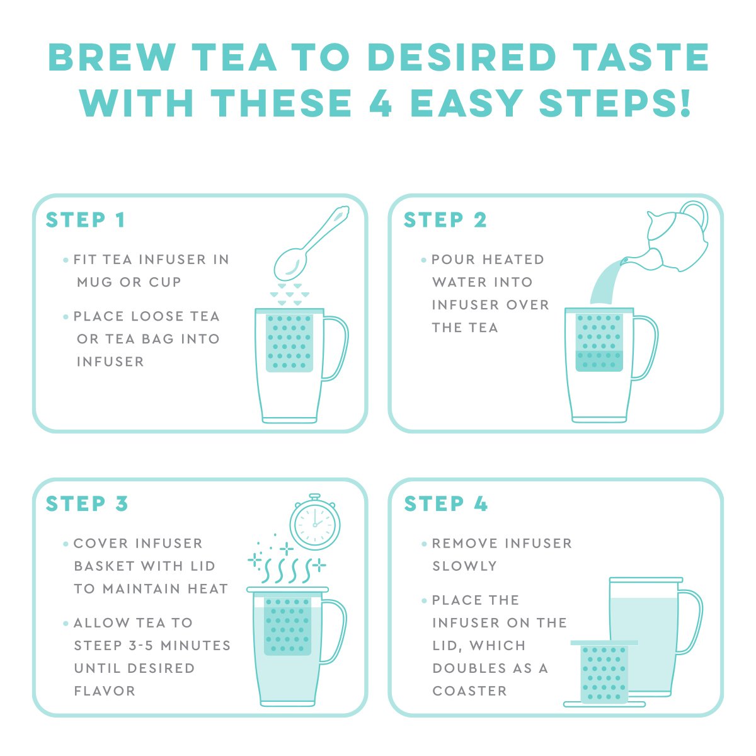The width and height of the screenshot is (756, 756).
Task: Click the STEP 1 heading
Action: (x=86, y=220)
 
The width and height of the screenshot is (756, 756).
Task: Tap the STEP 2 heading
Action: (x=445, y=220)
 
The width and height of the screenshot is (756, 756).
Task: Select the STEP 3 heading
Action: (x=87, y=504)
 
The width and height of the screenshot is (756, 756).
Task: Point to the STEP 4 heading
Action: (x=446, y=504)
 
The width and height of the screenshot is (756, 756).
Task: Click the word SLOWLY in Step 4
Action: (x=464, y=566)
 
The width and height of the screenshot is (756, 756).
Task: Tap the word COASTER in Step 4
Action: (x=469, y=690)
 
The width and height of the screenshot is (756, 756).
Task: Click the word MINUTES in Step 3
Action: (x=195, y=645)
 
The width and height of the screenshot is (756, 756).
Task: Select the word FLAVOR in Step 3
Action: (x=105, y=690)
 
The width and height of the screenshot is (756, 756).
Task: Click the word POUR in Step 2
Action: (x=452, y=260)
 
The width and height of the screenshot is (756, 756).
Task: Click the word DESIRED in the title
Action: (x=462, y=58)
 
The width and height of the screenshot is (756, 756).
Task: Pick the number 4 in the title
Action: (x=381, y=103)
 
